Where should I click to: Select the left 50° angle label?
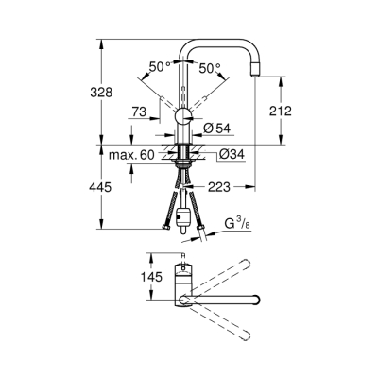click(x=159, y=67)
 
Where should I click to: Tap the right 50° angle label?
click(x=209, y=67)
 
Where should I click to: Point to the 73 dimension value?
click(x=140, y=112)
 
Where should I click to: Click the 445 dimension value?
click(x=111, y=187)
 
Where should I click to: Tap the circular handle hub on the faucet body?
click(x=183, y=117)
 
